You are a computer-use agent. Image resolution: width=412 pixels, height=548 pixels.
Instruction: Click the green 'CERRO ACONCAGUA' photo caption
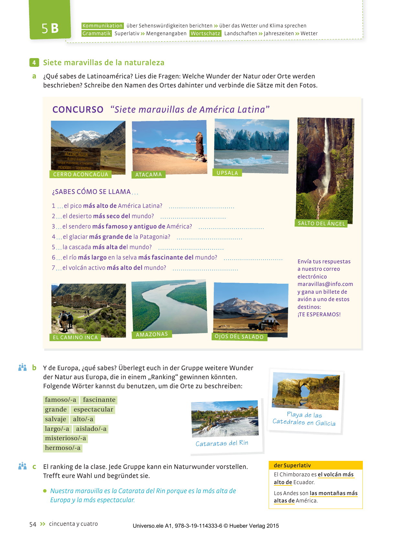click(x=81, y=174)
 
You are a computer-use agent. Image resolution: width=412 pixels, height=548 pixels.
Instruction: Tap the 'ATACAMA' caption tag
click(x=148, y=175)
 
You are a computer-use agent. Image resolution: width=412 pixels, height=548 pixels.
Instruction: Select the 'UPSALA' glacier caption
click(x=227, y=173)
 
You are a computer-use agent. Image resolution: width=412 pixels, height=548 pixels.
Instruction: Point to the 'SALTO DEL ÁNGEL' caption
click(x=321, y=223)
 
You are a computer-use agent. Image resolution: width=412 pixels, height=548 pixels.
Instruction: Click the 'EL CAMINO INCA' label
click(x=75, y=337)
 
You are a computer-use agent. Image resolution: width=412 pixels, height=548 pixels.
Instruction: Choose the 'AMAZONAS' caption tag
click(x=152, y=334)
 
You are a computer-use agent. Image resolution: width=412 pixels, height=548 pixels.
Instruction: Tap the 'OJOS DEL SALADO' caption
click(x=239, y=337)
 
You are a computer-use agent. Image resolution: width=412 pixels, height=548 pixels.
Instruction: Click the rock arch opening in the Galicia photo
click(x=305, y=391)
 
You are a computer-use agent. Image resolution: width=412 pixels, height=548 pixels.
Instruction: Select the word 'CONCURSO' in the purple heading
click(x=78, y=110)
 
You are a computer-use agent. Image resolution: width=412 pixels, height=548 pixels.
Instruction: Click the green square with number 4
click(x=34, y=63)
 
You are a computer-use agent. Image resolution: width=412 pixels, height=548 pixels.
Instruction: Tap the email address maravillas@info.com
click(x=325, y=284)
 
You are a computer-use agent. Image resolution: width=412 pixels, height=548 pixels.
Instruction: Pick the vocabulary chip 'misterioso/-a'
click(x=65, y=438)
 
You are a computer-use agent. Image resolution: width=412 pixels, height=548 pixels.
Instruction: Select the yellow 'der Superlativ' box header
click(x=315, y=465)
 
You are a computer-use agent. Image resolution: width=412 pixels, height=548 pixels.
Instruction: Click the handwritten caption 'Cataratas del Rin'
click(x=222, y=443)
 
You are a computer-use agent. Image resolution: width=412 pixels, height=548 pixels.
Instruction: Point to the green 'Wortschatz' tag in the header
click(x=205, y=34)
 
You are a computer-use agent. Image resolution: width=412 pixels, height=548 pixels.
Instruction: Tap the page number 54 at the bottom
click(x=33, y=524)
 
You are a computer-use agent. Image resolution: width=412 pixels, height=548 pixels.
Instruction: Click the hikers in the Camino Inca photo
click(x=66, y=320)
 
